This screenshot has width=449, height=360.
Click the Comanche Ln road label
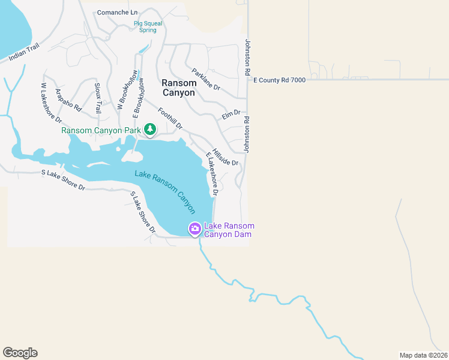point(117,12)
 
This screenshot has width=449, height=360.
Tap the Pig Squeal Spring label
point(148,27)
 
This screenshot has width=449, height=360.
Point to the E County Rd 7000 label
point(280,80)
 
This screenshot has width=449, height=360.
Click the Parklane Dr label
point(206,79)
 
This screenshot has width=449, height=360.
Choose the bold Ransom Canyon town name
point(178,88)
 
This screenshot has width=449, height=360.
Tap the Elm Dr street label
point(231,113)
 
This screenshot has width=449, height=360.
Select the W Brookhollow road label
point(126,90)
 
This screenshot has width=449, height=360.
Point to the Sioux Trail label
point(97,98)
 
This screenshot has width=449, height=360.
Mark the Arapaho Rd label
point(67,100)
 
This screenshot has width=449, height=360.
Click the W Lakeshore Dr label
point(47,103)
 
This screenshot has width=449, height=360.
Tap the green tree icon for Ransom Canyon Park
point(149,129)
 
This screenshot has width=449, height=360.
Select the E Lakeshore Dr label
point(211,174)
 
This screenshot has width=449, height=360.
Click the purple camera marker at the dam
point(195,229)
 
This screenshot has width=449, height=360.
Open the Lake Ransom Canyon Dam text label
point(229,230)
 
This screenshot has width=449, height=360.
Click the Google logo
point(20,353)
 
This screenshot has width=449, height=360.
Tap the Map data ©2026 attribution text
point(423,355)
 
